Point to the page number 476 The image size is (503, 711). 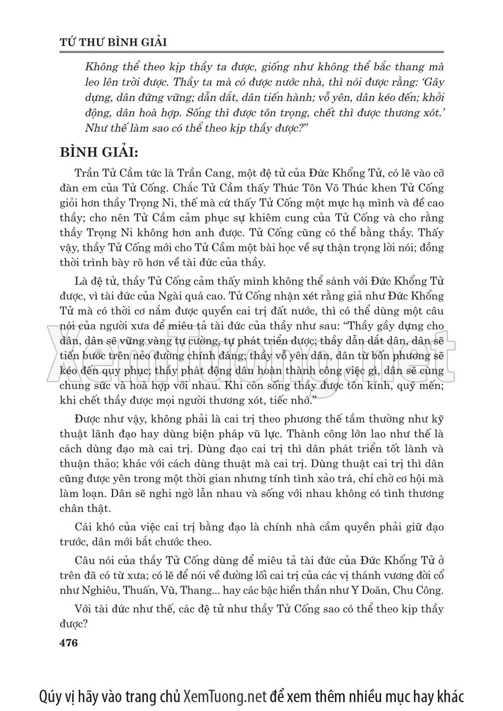[69, 643]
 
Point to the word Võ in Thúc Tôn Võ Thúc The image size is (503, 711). [298, 188]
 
